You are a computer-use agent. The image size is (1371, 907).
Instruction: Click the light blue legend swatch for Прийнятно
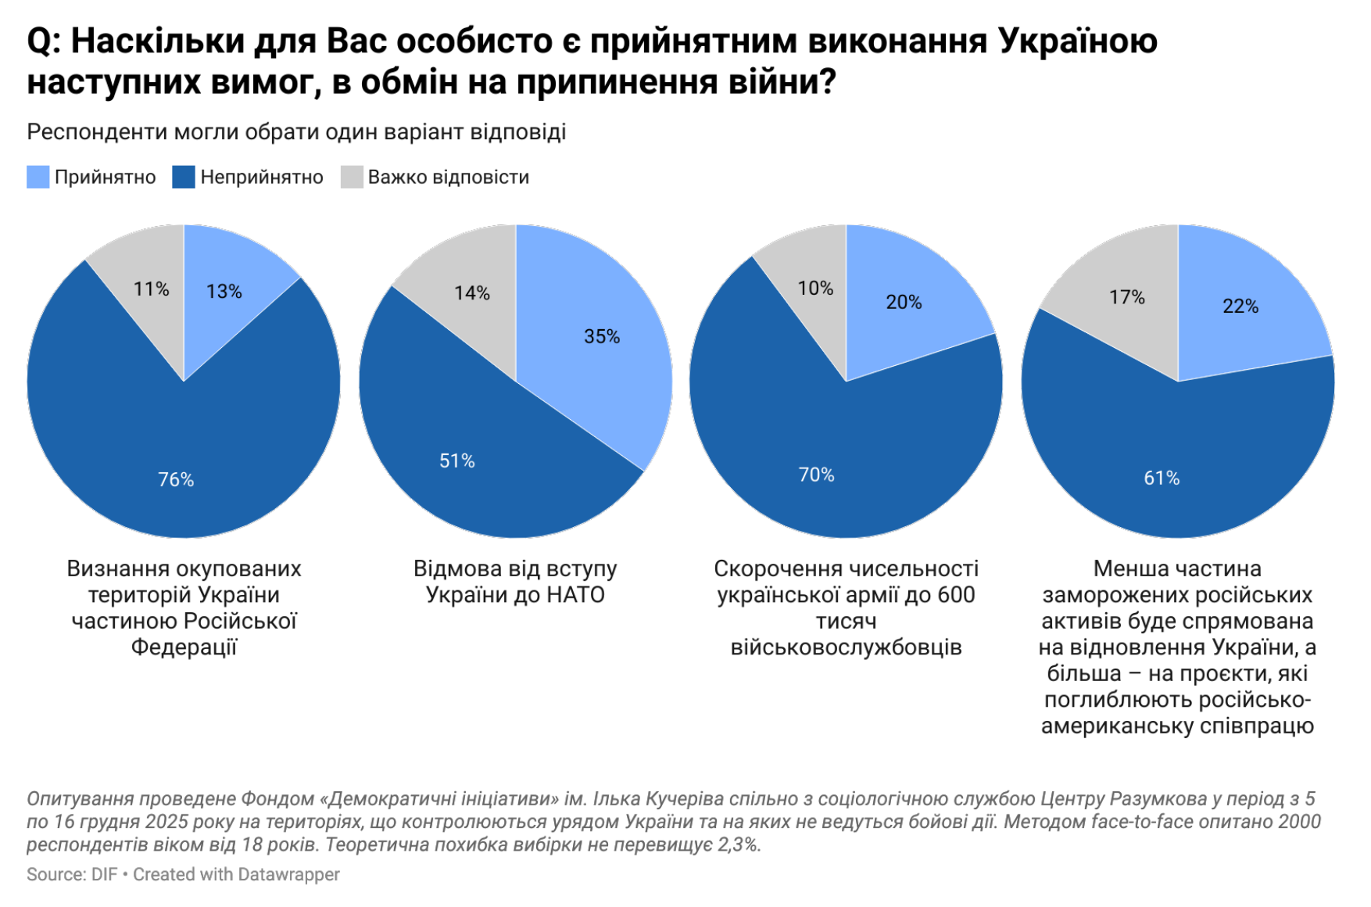click(x=38, y=177)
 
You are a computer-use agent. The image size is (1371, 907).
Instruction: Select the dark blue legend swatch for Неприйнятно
click(x=183, y=177)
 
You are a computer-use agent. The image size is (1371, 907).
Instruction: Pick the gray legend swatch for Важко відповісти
click(x=352, y=177)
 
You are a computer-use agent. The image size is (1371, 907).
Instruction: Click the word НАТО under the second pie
click(x=575, y=595)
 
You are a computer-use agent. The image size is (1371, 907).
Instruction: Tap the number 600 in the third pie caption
click(x=956, y=595)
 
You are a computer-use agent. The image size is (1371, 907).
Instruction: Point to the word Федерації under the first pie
click(x=184, y=647)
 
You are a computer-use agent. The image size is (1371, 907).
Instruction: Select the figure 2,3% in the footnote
click(x=739, y=844)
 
